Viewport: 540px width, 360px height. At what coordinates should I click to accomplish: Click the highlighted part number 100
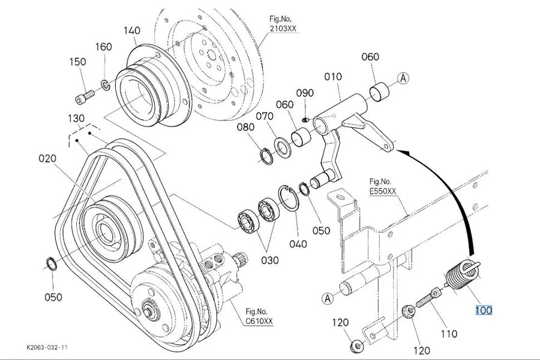(x=484, y=310)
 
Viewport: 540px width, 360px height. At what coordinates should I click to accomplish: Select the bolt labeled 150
(x=84, y=97)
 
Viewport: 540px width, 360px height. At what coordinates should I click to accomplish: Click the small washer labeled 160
(x=105, y=85)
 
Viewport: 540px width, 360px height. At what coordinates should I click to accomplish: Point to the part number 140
(x=132, y=31)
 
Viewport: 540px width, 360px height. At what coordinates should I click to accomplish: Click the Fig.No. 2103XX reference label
(x=283, y=24)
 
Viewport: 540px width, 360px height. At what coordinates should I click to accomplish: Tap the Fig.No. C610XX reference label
(x=259, y=317)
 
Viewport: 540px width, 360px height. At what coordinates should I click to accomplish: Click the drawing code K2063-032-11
(x=47, y=347)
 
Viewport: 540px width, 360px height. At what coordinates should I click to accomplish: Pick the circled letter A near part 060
(x=403, y=78)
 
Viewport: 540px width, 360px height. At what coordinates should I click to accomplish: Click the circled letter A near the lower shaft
(x=328, y=298)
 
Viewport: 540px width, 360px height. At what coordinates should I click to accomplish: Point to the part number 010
(x=333, y=76)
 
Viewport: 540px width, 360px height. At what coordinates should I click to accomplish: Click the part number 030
(x=269, y=260)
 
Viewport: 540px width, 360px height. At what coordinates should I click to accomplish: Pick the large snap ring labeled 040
(x=289, y=197)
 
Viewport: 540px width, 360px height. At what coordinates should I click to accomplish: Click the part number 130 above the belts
(x=76, y=119)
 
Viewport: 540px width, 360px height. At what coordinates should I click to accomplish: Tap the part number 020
(x=47, y=158)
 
